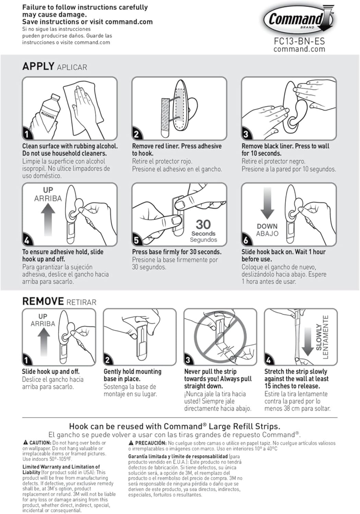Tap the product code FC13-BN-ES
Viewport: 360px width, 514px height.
[x=299, y=41]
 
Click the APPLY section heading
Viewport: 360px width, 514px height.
[x=38, y=66]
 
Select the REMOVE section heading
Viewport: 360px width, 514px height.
[x=43, y=302]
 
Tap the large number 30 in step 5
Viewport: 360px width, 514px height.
[x=203, y=224]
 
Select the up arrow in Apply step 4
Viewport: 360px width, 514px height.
[x=48, y=219]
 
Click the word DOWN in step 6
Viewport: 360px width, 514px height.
[x=267, y=226]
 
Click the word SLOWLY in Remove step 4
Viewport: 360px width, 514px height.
[x=319, y=337]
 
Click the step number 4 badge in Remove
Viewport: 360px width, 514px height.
[x=268, y=360]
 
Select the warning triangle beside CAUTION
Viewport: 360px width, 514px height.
[x=25, y=443]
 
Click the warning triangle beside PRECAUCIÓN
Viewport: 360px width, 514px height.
[x=131, y=443]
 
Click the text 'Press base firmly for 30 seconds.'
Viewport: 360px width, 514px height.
[x=177, y=252]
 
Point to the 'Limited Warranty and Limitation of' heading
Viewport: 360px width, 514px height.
[x=61, y=467]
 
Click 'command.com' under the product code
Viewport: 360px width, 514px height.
[x=299, y=49]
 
